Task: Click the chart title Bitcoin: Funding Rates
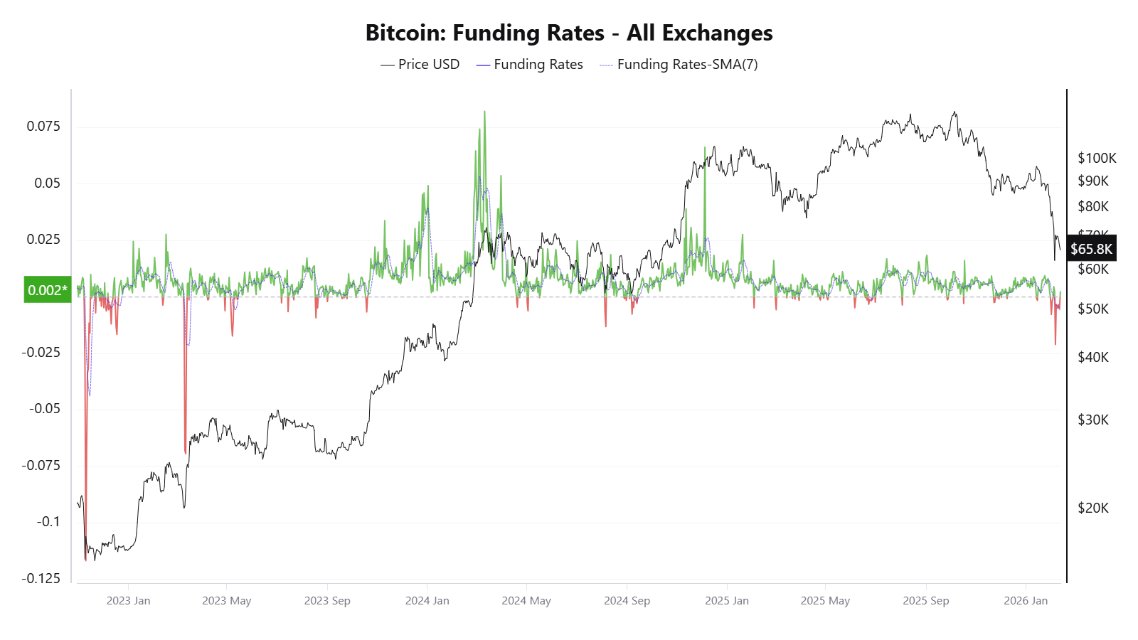[x=568, y=33]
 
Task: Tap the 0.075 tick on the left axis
[x=43, y=127]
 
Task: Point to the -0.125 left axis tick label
[x=41, y=578]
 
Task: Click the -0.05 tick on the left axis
[x=44, y=409]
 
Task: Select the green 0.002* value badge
[x=48, y=289]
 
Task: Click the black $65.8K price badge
[x=1091, y=249]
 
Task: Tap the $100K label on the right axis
[x=1097, y=158]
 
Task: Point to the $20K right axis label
[x=1093, y=508]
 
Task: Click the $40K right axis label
[x=1093, y=357]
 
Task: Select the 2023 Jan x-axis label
[x=128, y=601]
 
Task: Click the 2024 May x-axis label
[x=526, y=601]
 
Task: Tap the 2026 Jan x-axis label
[x=1026, y=601]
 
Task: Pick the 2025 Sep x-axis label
[x=925, y=601]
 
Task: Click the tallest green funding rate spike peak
[x=484, y=112]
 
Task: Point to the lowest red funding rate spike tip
[x=85, y=559]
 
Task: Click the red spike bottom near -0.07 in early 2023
[x=185, y=452]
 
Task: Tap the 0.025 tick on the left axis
[x=43, y=240]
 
